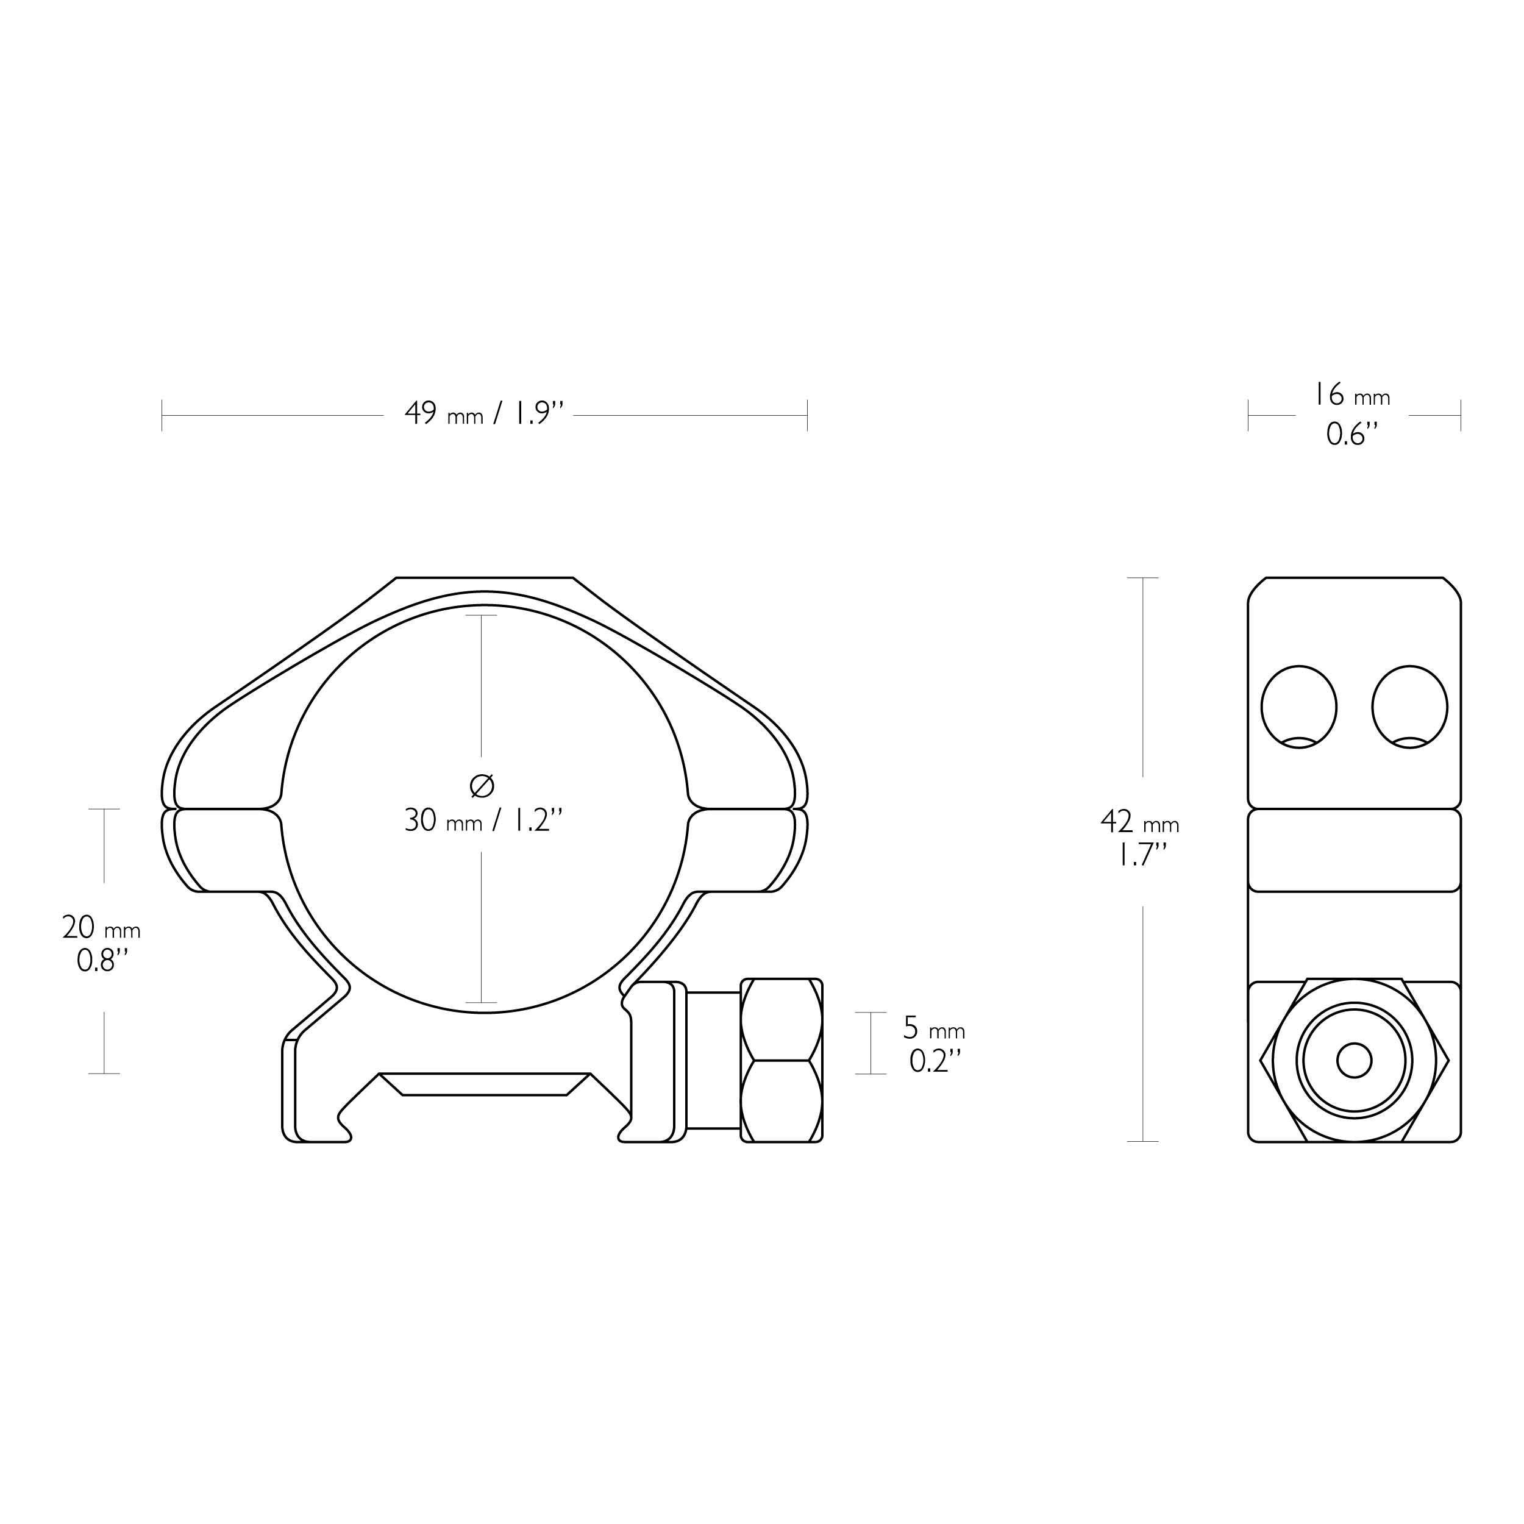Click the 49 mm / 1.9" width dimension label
coord(485,413)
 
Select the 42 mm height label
coord(1140,823)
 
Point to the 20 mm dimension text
coord(101,928)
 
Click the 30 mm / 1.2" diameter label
coord(483,821)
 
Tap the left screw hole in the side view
coord(1299,707)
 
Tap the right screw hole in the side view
coord(1409,707)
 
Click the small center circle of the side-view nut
coord(1355,1060)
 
